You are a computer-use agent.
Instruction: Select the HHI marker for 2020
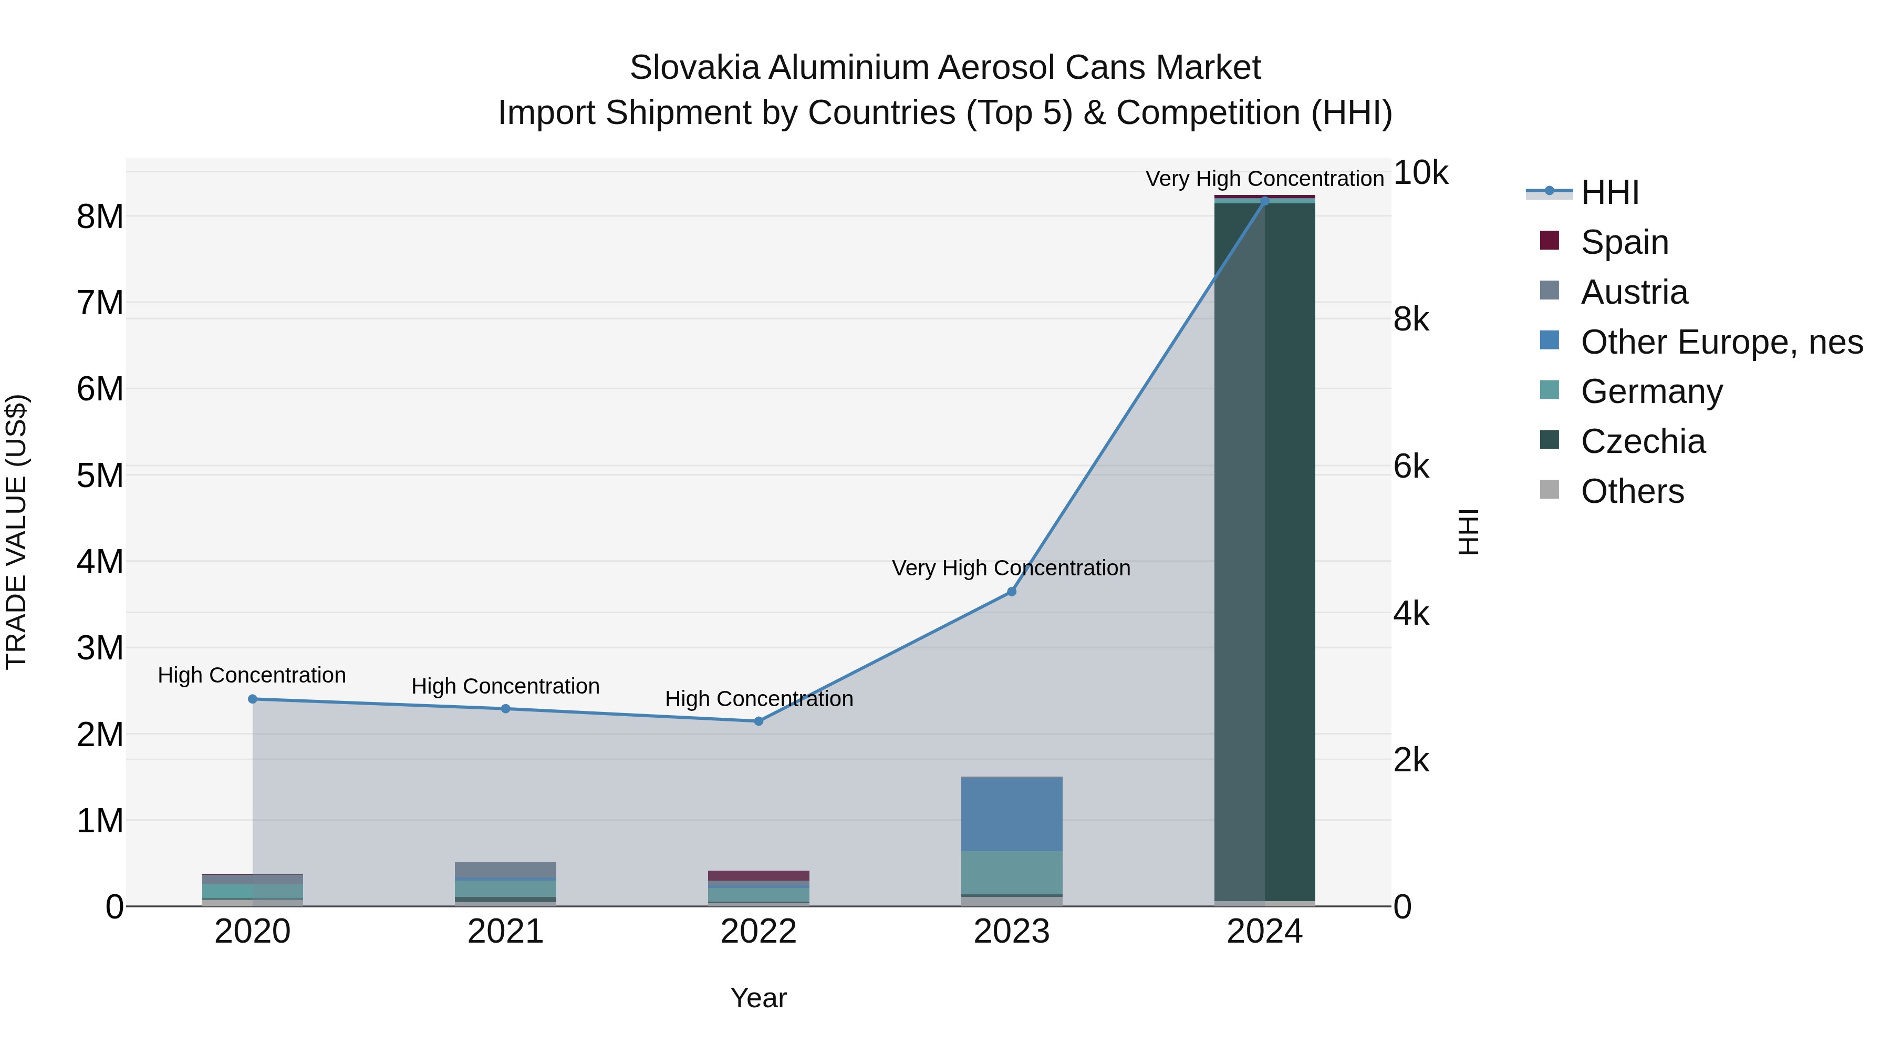click(x=253, y=699)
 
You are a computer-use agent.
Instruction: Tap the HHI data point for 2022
click(x=759, y=721)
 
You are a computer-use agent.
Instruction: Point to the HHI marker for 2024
click(x=1264, y=201)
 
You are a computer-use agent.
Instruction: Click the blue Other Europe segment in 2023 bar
click(x=1012, y=813)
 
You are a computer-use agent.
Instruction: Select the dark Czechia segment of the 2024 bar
click(x=1289, y=551)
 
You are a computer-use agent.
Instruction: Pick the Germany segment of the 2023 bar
click(x=1012, y=872)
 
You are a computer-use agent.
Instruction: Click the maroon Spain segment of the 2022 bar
click(x=759, y=875)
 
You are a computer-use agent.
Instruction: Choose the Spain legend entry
click(x=1624, y=242)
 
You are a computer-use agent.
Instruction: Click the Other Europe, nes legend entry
click(x=1721, y=342)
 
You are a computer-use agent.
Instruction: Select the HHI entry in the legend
click(x=1609, y=192)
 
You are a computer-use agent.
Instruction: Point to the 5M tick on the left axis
click(x=100, y=475)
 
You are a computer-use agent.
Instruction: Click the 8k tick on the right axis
click(x=1411, y=319)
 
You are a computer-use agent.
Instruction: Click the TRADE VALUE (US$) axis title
click(x=16, y=532)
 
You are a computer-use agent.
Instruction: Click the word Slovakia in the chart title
click(x=694, y=68)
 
